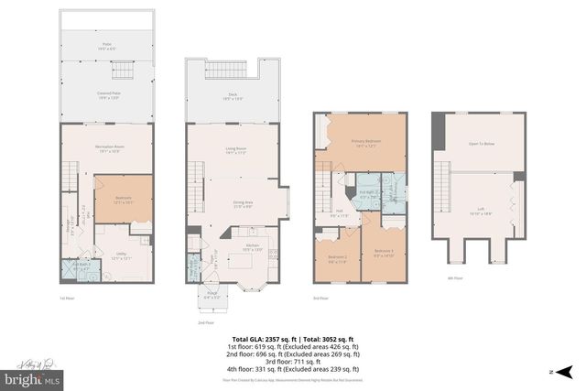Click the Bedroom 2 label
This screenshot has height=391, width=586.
click(x=336, y=257)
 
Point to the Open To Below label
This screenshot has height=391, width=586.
click(x=480, y=144)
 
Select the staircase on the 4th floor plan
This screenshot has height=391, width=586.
click(x=441, y=188)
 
